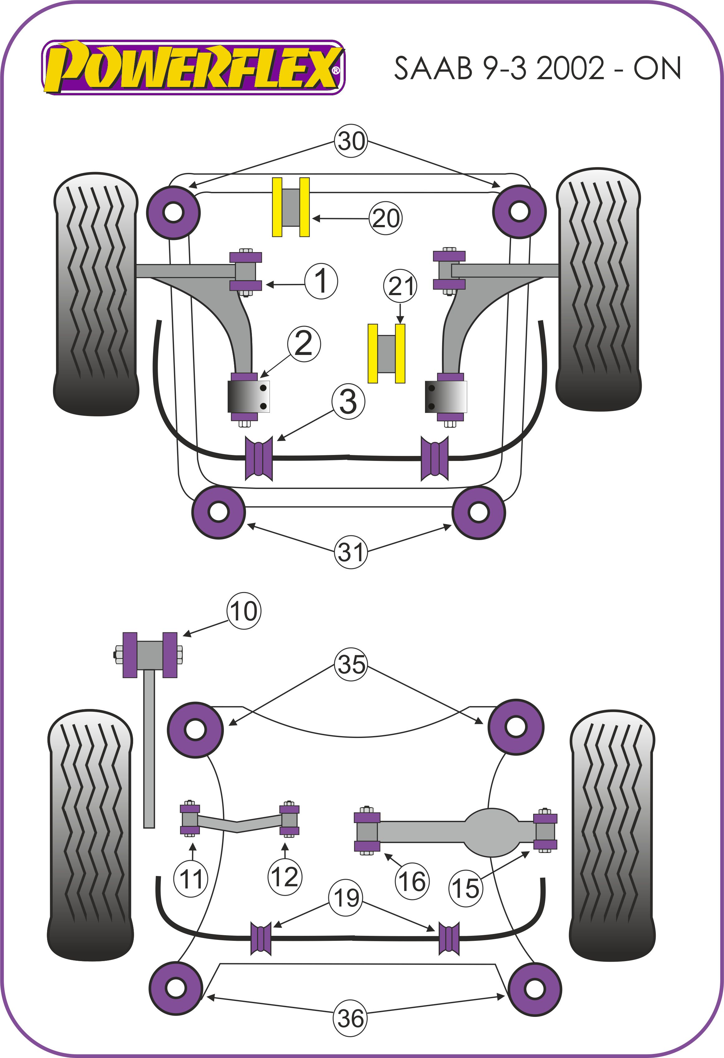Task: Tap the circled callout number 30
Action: pos(351,141)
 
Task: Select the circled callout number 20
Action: pos(385,218)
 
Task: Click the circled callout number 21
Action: pos(400,286)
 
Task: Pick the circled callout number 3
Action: pos(348,401)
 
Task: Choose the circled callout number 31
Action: pos(351,552)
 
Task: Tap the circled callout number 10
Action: pos(244,611)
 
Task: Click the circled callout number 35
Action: pos(351,664)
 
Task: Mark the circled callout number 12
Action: pos(285,876)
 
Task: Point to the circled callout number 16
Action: pos(412,881)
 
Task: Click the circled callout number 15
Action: pos(466,888)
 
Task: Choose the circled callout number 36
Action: pos(350,1018)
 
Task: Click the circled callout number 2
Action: pos(304,344)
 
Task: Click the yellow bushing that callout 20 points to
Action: pos(291,207)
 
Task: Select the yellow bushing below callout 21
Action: pos(386,353)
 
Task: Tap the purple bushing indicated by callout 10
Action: pos(150,655)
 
